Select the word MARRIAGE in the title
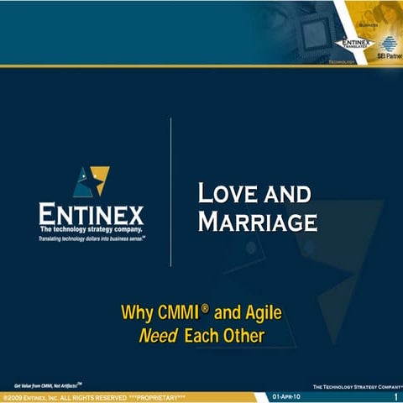point(258,222)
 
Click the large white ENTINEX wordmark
point(91,213)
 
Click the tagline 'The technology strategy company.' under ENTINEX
point(91,228)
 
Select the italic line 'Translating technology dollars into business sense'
point(91,238)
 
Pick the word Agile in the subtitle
point(262,315)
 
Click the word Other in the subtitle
point(243,337)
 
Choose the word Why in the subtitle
point(136,315)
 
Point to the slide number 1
point(394,395)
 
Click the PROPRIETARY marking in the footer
point(156,395)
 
